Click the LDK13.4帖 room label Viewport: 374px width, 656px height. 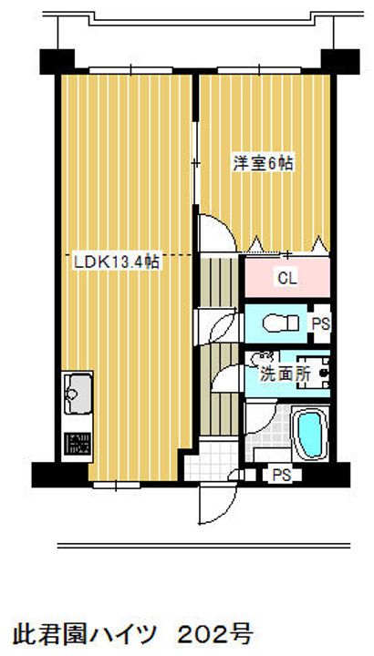point(116,261)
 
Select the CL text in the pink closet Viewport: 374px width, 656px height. point(286,278)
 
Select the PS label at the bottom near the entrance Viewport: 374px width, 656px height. point(281,474)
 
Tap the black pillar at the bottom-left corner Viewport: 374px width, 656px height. point(44,475)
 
